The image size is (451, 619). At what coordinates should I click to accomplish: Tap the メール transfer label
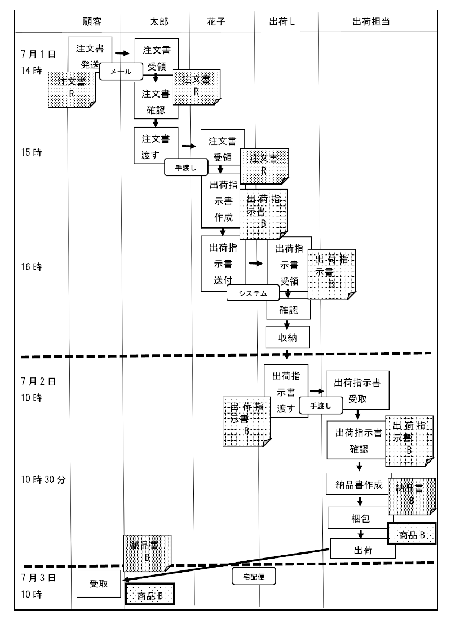click(120, 72)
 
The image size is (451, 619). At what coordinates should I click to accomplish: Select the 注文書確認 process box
click(156, 102)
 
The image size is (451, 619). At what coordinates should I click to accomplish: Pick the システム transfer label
click(253, 293)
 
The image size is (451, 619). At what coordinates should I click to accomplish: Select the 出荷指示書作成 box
click(222, 201)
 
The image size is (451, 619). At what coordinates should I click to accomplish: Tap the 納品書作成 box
click(359, 484)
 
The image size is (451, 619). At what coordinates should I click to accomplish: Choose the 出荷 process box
click(362, 548)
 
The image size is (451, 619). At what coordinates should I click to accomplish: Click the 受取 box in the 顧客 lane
click(98, 585)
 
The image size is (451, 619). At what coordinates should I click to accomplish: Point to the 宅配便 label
click(254, 576)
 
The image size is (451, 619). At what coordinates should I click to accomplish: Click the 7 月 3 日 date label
click(36, 577)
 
